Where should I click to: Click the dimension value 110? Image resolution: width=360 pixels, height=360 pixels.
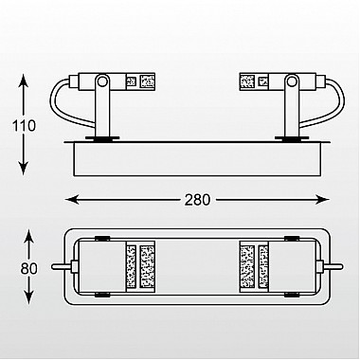click(24, 126)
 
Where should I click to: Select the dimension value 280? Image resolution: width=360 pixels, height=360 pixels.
click(197, 200)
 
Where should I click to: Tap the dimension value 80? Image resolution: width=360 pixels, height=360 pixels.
click(29, 269)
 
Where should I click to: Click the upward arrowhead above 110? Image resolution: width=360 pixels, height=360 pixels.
click(24, 81)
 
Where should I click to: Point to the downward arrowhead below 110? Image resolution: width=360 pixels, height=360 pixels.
click(24, 169)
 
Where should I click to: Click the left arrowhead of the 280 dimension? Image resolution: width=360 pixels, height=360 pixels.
click(72, 200)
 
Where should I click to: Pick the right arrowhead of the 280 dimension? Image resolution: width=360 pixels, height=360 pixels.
click(322, 200)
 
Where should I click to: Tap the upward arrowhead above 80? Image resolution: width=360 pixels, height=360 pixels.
click(28, 237)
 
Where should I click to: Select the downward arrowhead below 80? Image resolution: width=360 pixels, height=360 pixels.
click(28, 297)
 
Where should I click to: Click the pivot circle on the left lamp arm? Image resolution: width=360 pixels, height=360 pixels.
click(102, 81)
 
